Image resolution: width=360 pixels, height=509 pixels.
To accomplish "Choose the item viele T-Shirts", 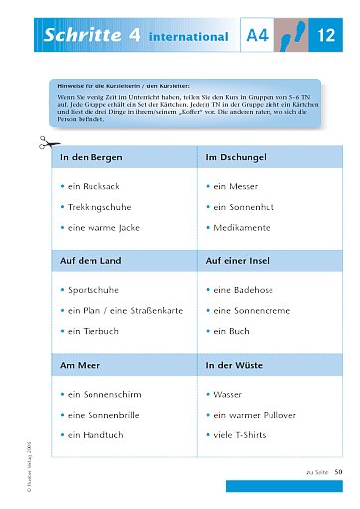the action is (x=244, y=435).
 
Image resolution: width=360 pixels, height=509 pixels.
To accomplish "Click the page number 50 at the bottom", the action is (x=338, y=470).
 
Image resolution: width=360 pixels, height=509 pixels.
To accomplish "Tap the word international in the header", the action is (x=189, y=37).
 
